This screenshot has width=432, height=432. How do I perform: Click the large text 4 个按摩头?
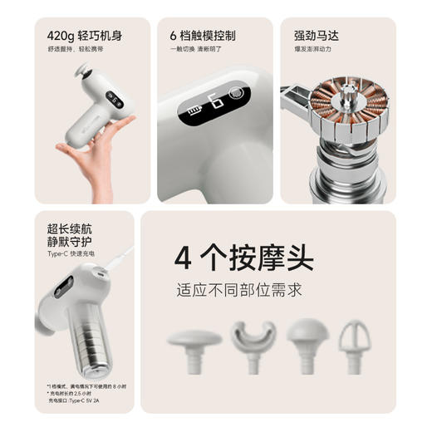tap(243, 258)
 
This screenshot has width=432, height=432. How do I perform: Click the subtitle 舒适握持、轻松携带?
tap(72, 50)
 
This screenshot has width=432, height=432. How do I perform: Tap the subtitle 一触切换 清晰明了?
tap(197, 50)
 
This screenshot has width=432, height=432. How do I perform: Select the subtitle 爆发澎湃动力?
tap(312, 50)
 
